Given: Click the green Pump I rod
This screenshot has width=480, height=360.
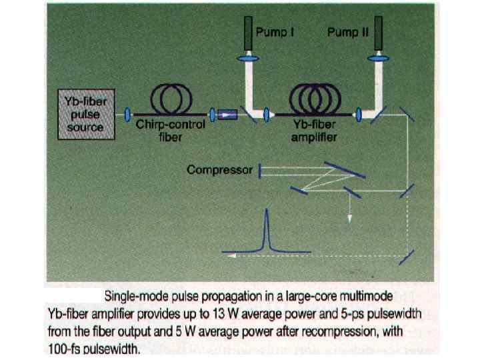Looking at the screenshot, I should [247, 31].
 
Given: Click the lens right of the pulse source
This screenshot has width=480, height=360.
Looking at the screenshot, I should [127, 115].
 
